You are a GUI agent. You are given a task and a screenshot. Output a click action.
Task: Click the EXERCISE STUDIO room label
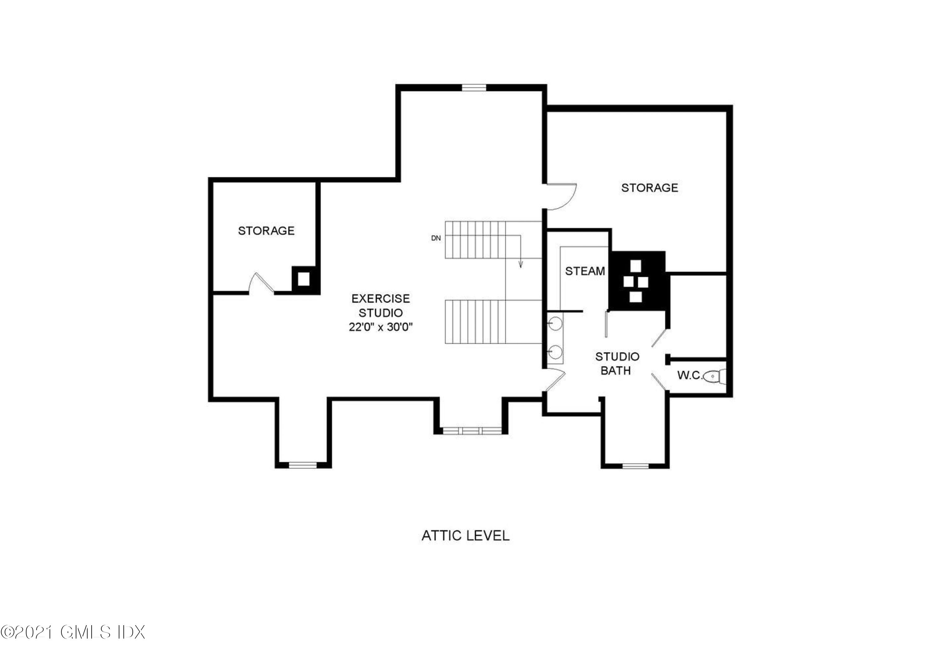[x=380, y=305]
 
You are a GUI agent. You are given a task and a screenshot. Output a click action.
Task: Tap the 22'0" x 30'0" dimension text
[x=380, y=327]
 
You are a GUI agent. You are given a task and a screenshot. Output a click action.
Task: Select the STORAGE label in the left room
[x=266, y=231]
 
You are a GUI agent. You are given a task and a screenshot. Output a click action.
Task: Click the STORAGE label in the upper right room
[x=650, y=188]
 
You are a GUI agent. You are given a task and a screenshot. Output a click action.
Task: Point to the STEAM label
[x=585, y=271]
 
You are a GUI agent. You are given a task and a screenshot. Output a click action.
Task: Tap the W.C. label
[x=689, y=376]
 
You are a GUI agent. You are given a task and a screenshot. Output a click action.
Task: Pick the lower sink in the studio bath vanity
[x=555, y=351]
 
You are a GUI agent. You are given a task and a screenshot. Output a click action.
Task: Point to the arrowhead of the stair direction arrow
[x=520, y=266]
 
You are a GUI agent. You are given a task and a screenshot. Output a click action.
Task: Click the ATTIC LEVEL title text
[x=465, y=535]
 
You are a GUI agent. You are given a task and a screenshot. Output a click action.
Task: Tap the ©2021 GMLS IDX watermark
[x=73, y=644]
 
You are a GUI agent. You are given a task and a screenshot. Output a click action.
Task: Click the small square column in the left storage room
[x=303, y=279]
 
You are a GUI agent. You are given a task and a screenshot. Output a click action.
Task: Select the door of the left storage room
[x=261, y=283]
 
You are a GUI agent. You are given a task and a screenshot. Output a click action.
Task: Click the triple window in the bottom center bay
[x=472, y=430]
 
